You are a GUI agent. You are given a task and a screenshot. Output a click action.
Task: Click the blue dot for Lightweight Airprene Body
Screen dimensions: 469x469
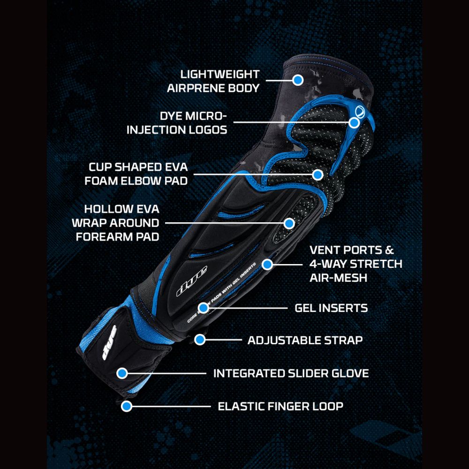click(x=298, y=80)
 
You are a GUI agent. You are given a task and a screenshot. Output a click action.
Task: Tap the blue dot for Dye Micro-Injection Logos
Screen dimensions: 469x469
click(x=354, y=122)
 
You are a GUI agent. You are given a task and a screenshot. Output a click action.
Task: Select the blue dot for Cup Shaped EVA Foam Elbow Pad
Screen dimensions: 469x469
click(x=318, y=174)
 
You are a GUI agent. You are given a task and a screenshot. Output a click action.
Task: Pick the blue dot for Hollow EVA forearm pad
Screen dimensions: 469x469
click(x=289, y=223)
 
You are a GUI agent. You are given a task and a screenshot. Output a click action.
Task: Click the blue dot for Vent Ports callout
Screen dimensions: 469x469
click(x=267, y=265)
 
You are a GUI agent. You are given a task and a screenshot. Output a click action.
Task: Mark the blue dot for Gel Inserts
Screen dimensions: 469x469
click(x=204, y=308)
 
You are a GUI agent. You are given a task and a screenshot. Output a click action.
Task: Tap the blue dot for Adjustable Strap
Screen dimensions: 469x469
click(x=200, y=340)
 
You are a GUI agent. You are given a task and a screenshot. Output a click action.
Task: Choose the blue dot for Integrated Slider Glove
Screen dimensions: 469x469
click(x=122, y=373)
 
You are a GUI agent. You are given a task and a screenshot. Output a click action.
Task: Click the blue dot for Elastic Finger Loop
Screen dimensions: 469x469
click(x=127, y=406)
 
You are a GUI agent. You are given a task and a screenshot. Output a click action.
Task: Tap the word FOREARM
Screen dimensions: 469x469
click(x=104, y=237)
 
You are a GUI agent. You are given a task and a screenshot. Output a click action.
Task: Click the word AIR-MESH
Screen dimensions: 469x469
click(x=338, y=278)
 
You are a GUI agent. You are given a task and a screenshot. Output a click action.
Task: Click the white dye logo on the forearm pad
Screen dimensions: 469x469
click(x=192, y=281)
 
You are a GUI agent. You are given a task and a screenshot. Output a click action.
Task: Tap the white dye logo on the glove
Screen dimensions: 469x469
click(x=109, y=342)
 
